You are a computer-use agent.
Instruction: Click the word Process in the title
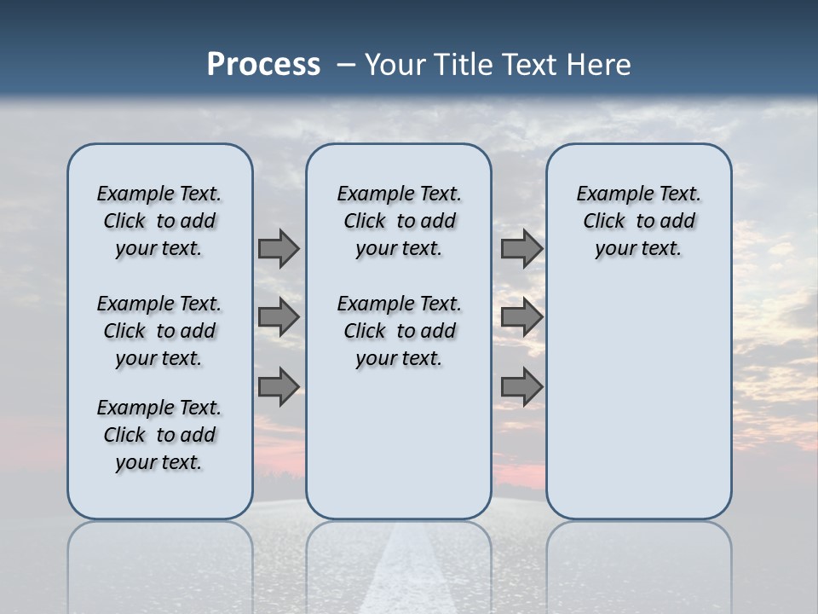[263, 65]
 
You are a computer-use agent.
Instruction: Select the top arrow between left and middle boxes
[279, 249]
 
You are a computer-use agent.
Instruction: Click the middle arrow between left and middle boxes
[279, 317]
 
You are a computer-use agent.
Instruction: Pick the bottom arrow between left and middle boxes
[279, 387]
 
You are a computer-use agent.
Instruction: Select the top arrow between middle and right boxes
[521, 249]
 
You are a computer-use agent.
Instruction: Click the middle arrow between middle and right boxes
[521, 317]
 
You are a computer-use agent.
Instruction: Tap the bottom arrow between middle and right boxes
[521, 387]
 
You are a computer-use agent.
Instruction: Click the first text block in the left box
[159, 221]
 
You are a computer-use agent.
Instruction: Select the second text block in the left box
[159, 331]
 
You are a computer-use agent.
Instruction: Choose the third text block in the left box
[159, 435]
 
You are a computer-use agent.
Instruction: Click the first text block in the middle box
[399, 221]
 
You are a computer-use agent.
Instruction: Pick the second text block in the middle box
[399, 331]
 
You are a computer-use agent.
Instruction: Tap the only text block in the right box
[638, 221]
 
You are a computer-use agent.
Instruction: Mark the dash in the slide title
[346, 66]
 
